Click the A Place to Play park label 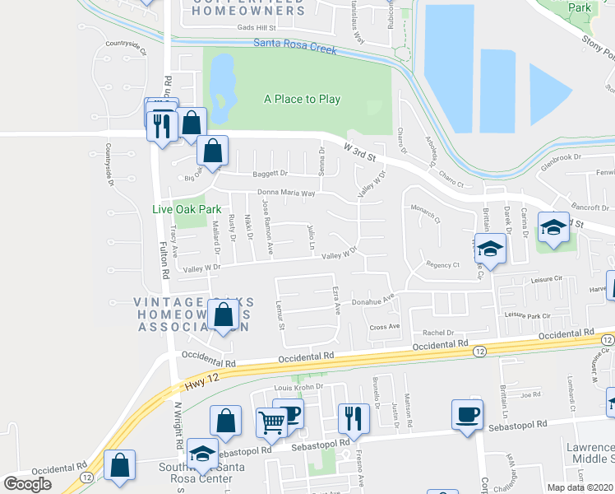(302, 99)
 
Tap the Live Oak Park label (187, 209)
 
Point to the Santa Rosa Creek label (295, 48)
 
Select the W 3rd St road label (360, 150)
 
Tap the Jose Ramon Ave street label (267, 226)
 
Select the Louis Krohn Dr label (294, 386)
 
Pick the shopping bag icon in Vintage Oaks (224, 314)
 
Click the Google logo (27, 484)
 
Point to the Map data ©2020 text (580, 487)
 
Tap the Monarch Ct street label (427, 216)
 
